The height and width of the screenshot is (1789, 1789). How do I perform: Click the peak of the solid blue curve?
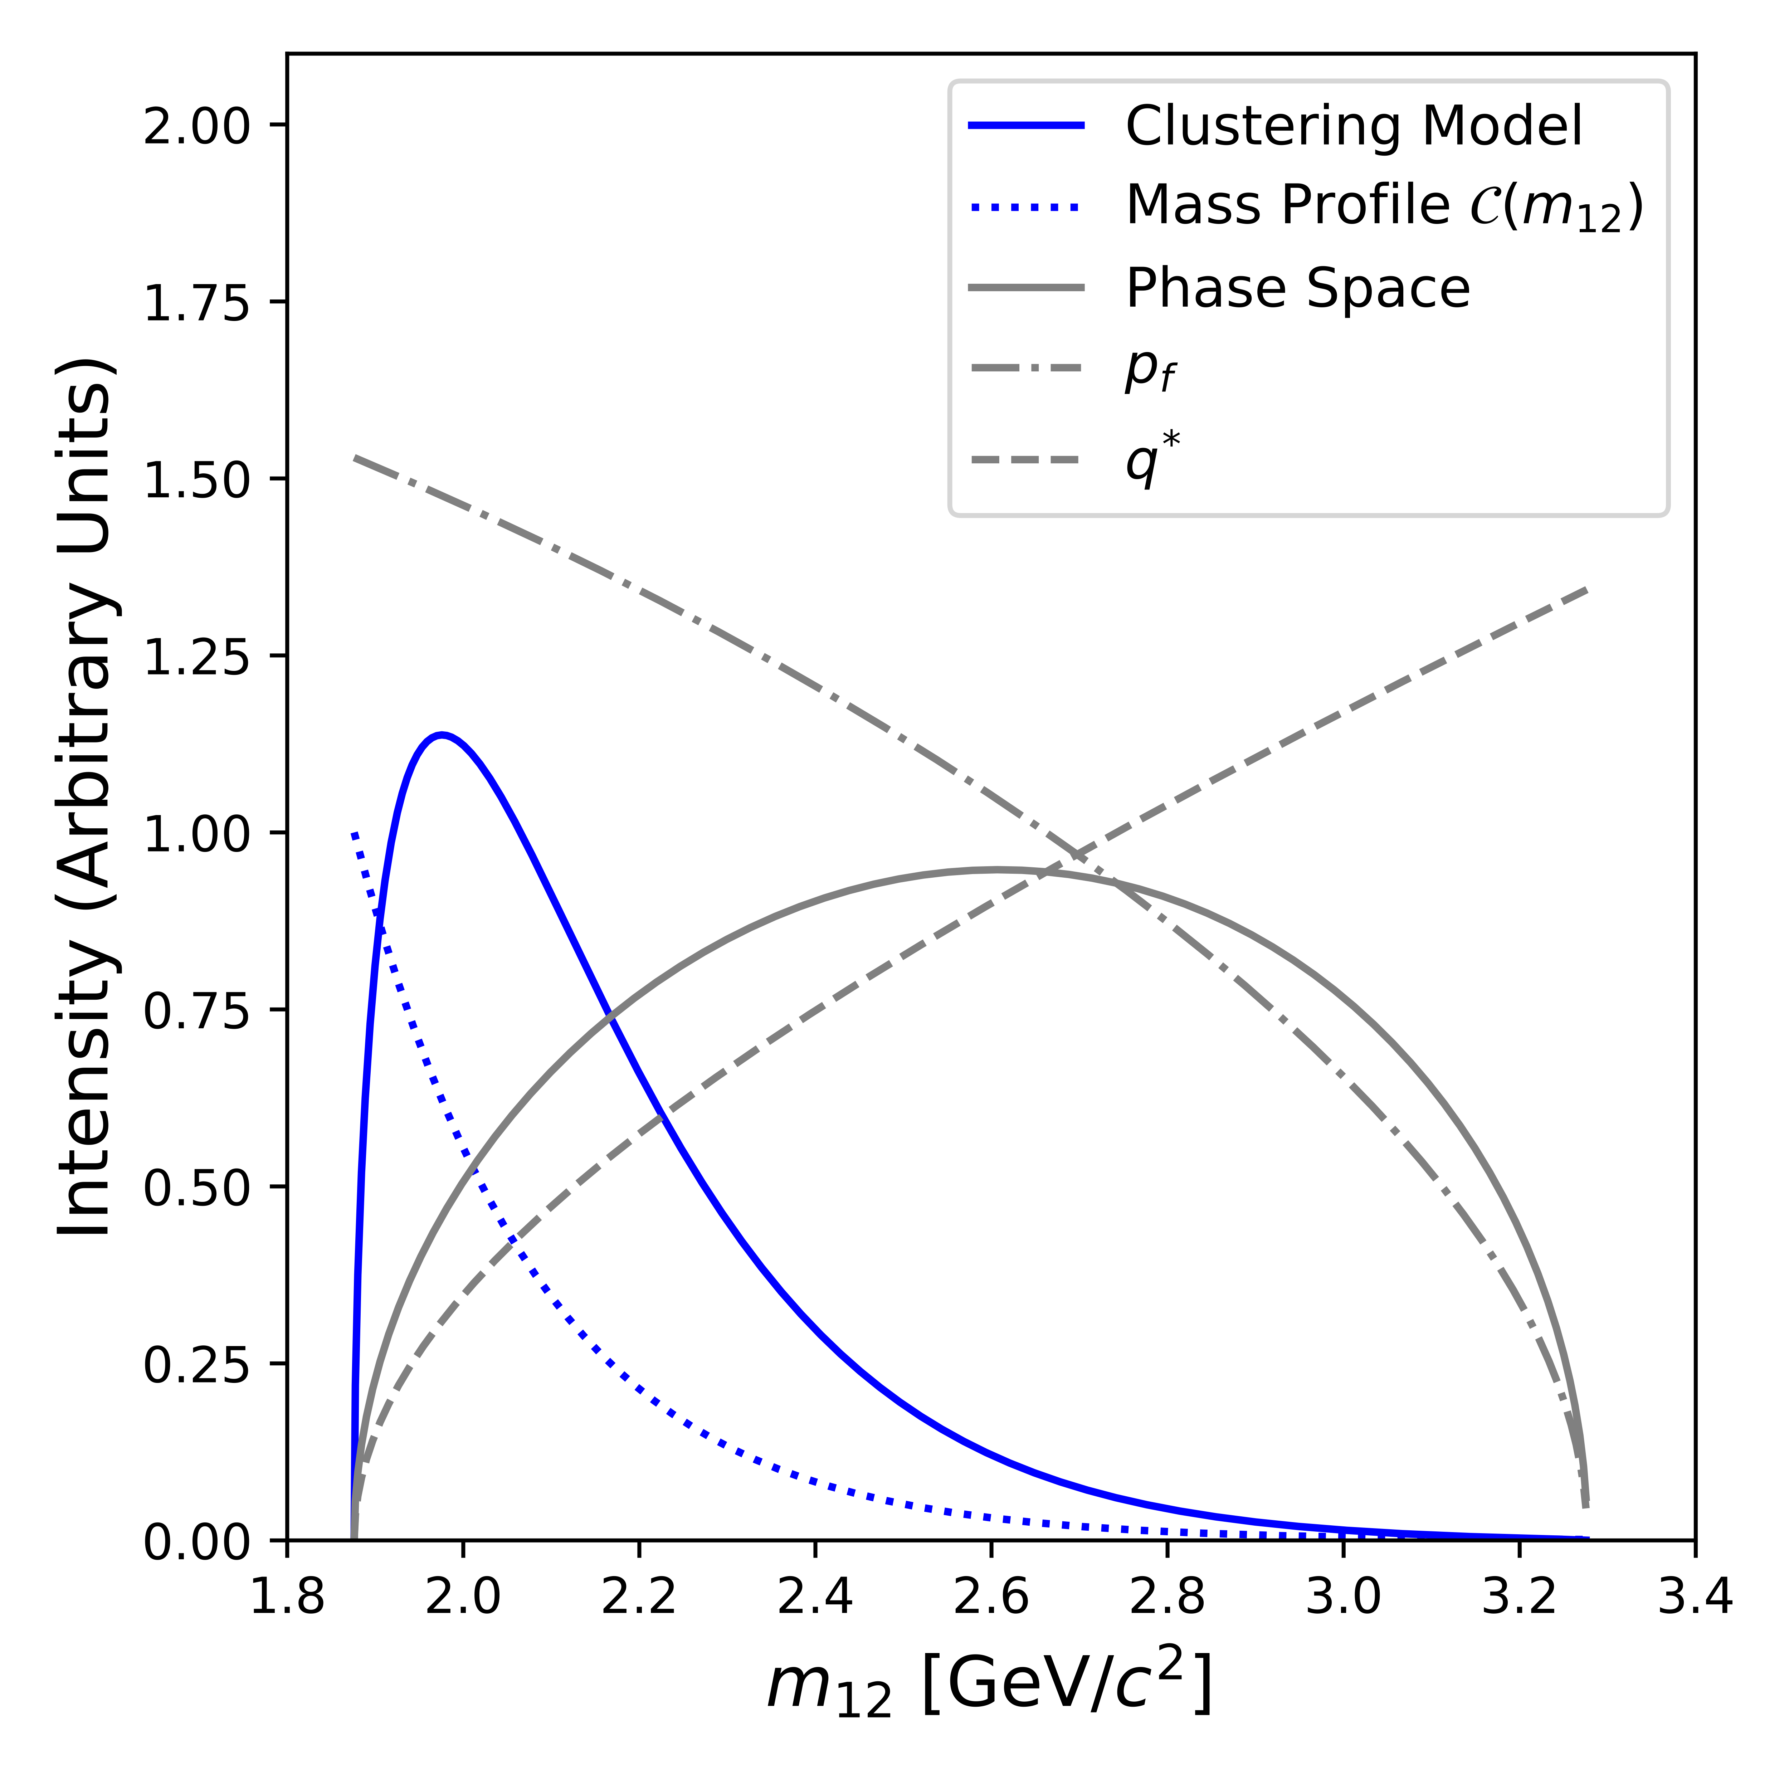443,735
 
